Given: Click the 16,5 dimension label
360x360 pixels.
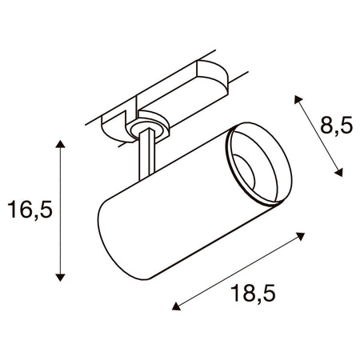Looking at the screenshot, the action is [x=30, y=210].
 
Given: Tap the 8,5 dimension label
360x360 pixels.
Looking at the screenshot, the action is [x=337, y=125].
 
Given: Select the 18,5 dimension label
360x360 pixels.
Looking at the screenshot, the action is [x=253, y=293].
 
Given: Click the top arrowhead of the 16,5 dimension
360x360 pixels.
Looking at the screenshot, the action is [x=61, y=144].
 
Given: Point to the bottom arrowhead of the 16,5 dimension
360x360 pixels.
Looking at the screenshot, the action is [x=61, y=277].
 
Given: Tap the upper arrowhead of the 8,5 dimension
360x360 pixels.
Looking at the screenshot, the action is [x=298, y=99].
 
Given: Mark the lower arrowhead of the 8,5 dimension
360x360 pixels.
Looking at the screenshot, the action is [x=338, y=172].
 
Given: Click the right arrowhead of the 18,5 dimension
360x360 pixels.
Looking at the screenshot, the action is [x=301, y=236].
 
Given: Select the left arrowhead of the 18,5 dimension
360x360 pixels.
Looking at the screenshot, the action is [x=176, y=306].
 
